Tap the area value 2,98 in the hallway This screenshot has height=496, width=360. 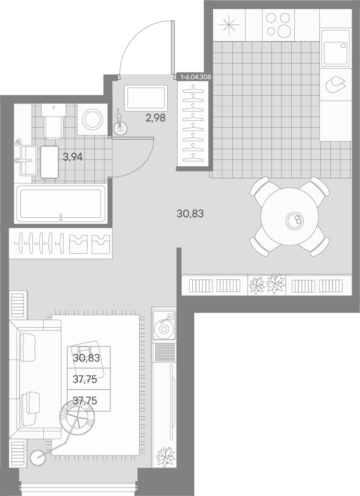point(155,118)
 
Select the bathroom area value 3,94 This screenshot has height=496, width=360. point(73,156)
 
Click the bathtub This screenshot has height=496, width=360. point(61,203)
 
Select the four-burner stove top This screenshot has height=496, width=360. point(278,25)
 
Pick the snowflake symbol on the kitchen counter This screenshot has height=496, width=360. point(229,25)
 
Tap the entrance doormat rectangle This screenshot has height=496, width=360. point(146,98)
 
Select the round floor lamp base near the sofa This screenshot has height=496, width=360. point(38,457)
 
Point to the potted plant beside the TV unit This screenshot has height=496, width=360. point(166,456)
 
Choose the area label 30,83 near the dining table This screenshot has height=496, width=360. point(190,214)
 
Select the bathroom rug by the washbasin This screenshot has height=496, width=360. point(49,162)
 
